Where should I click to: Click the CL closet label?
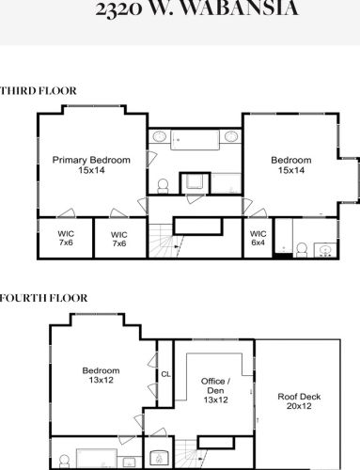[x=165, y=374]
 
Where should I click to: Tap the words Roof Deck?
[x=299, y=397]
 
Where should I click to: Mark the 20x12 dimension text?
[x=299, y=408]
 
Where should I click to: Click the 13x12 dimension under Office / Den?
[x=215, y=400]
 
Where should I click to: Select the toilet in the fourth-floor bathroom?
[x=64, y=462]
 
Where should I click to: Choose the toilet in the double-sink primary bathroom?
[x=163, y=182]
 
